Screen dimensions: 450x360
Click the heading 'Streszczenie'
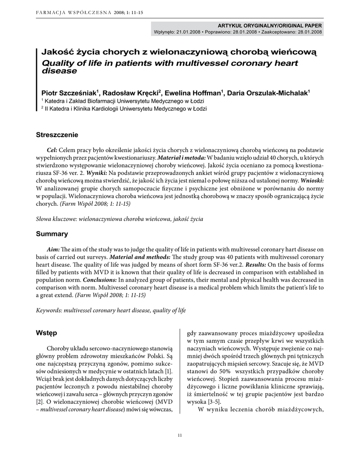[57, 134]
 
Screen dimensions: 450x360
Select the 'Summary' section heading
[52, 234]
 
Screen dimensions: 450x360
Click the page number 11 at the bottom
[180, 435]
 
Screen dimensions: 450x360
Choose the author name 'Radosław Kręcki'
[131, 93]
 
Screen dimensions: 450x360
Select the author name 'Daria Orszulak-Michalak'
[268, 93]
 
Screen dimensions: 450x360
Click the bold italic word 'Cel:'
[52, 150]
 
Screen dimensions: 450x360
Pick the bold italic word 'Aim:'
[53, 249]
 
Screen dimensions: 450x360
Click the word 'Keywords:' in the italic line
[49, 310]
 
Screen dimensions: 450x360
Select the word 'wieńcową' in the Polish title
[297, 52]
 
